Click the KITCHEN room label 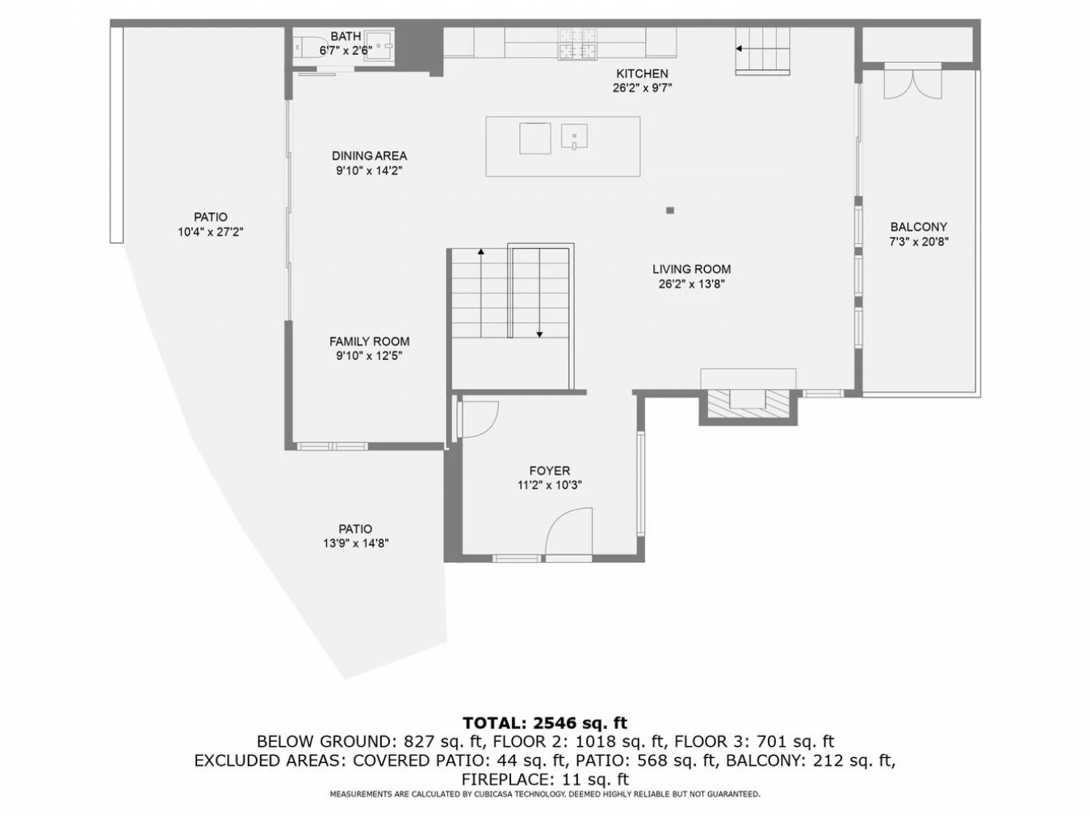(x=642, y=74)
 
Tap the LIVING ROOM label (x=691, y=270)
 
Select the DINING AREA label (x=369, y=156)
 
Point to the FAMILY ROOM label (x=369, y=341)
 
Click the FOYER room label (x=549, y=471)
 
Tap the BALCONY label (x=918, y=228)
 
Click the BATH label (x=346, y=36)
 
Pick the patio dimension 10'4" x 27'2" (x=211, y=232)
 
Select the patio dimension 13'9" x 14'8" (x=355, y=543)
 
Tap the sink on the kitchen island (x=574, y=136)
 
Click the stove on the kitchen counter (x=577, y=44)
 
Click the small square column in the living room (x=670, y=211)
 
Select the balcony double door (x=912, y=82)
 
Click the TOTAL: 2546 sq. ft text (x=545, y=723)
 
